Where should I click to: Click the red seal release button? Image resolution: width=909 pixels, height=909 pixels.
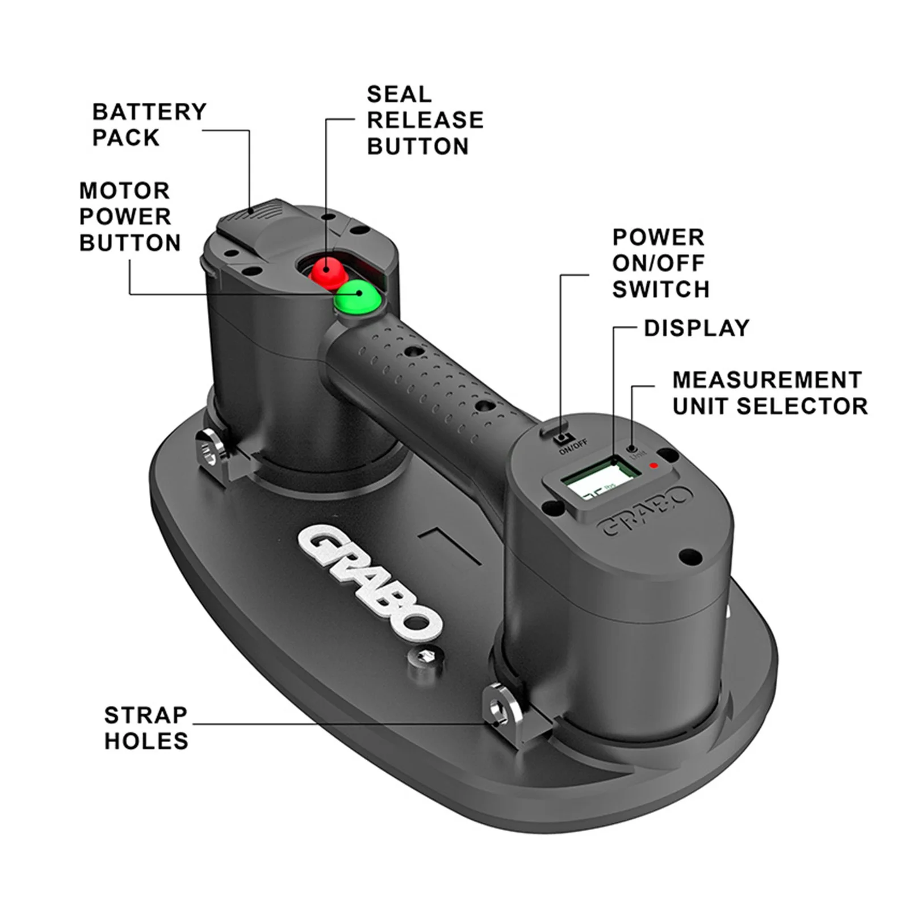[x=328, y=271]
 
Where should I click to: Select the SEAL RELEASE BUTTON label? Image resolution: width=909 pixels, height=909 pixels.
[x=425, y=120]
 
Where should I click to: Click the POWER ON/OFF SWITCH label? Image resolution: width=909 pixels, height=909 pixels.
[x=660, y=263]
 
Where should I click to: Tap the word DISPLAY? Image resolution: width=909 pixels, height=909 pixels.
[x=697, y=328]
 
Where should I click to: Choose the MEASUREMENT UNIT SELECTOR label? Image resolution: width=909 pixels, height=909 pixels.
[x=769, y=393]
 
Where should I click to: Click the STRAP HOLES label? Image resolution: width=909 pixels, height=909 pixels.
[x=146, y=728]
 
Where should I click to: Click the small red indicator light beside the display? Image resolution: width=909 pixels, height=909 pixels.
[x=654, y=466]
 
